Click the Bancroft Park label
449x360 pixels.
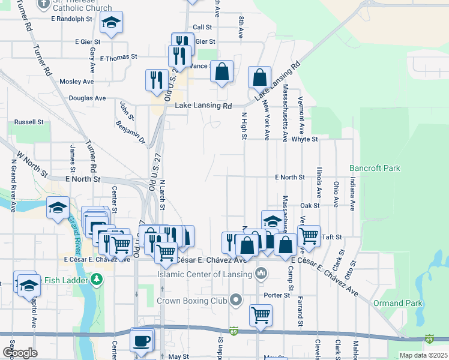[x=375, y=169]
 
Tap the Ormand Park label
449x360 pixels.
[x=397, y=303]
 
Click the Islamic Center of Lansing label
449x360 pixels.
[x=203, y=275]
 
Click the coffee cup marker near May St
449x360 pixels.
[x=142, y=340]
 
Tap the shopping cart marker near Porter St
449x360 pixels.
[x=261, y=314]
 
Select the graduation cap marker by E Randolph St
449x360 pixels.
[x=111, y=22]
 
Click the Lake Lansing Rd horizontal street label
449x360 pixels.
[x=203, y=106]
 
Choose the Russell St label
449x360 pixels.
[x=29, y=121]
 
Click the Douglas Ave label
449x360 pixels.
[x=87, y=98]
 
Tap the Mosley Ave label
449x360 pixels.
[x=77, y=81]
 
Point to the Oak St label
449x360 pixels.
[x=309, y=205]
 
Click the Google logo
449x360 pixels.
[x=20, y=353]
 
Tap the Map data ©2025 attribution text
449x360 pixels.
[x=423, y=355]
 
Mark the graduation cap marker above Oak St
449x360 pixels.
[x=272, y=220]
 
